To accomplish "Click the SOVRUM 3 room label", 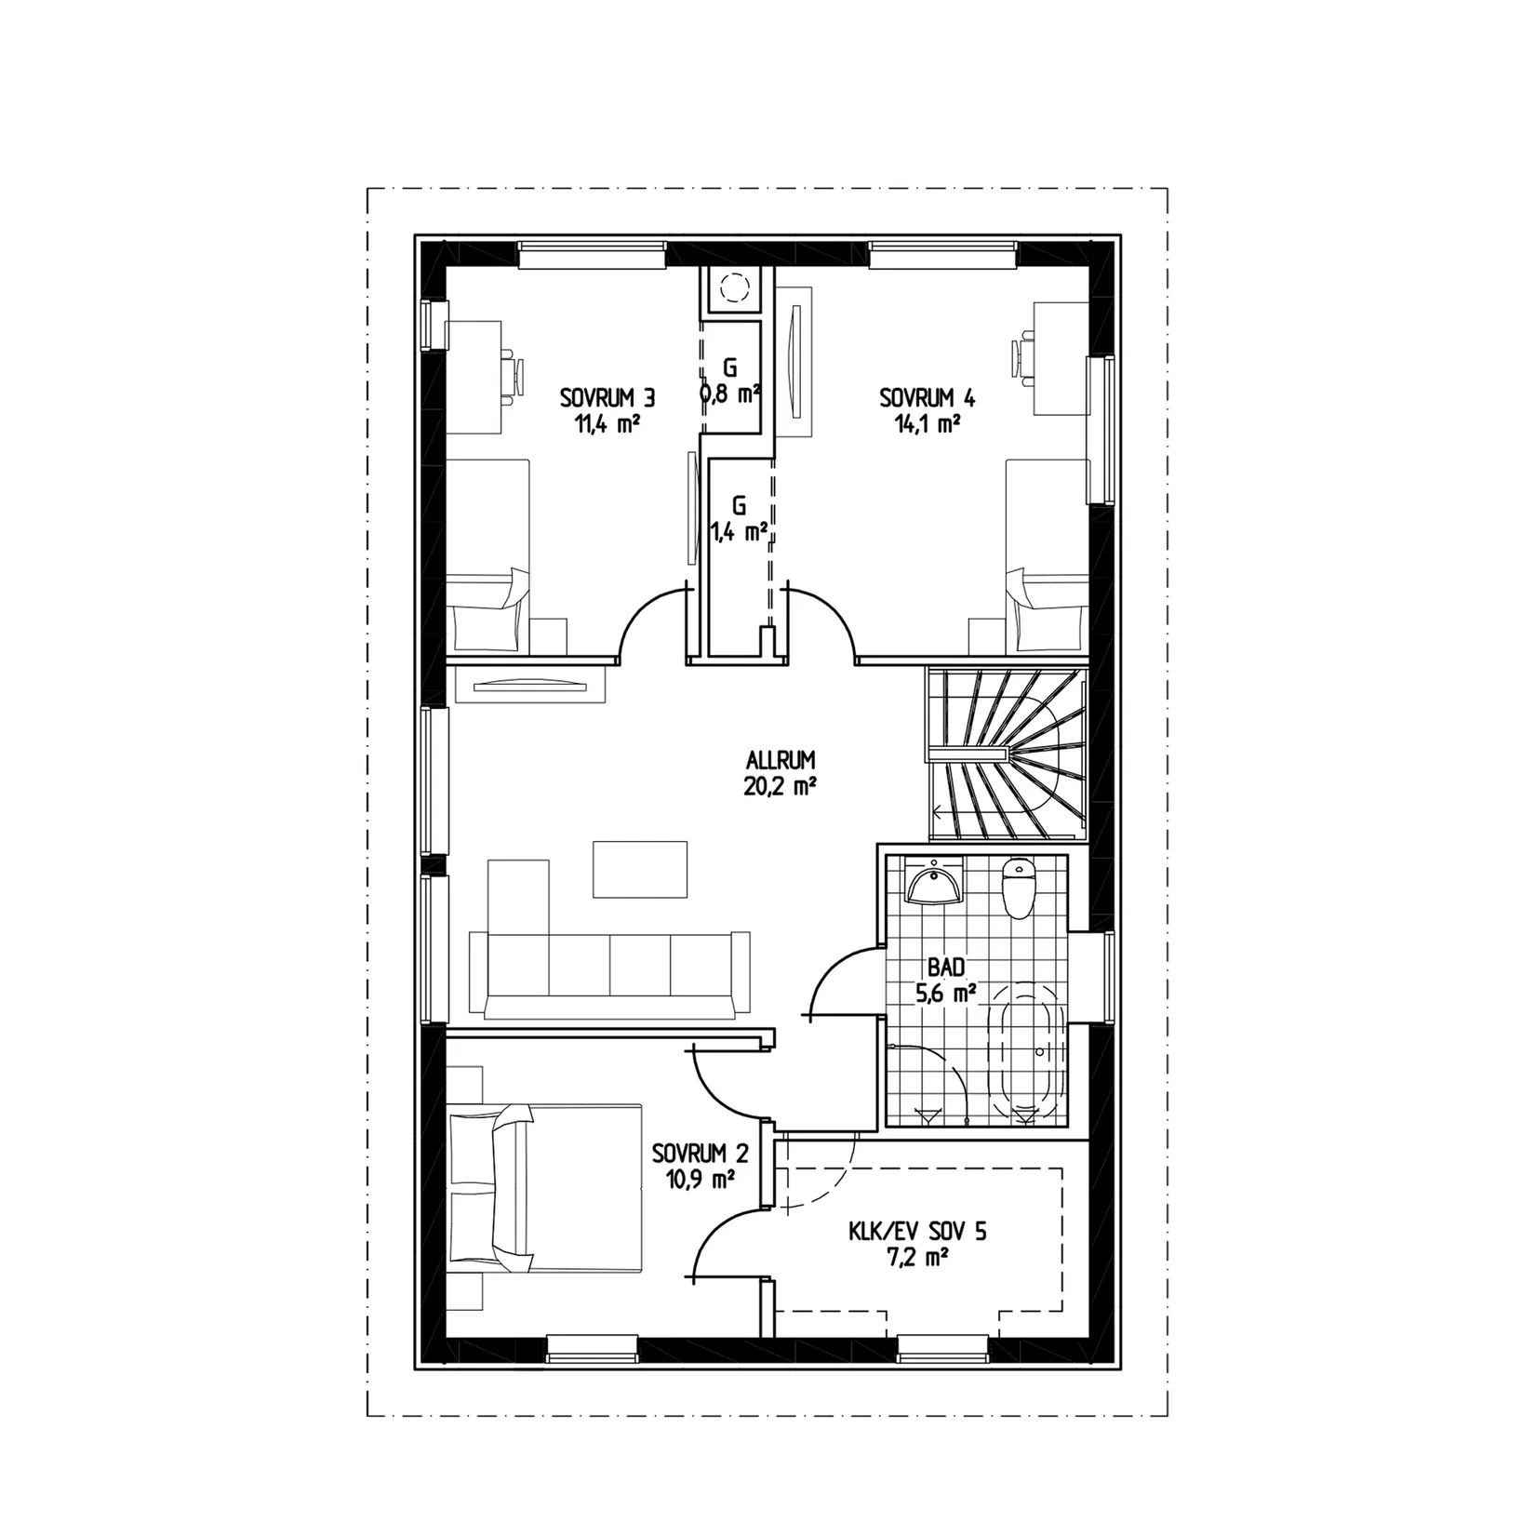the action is [607, 398].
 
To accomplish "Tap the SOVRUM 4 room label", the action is [928, 398].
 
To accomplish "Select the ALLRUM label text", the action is [780, 760].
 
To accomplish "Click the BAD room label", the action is [946, 968].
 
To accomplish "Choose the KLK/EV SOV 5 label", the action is [917, 1233].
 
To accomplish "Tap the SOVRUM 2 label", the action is [701, 1155].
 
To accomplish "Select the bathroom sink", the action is [933, 880].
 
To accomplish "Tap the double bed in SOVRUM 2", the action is [545, 1188].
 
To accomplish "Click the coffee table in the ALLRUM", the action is [640, 869].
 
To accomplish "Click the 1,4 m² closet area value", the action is [740, 531].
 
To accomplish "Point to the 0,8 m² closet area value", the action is [731, 394].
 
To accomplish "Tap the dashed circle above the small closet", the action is [734, 287].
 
